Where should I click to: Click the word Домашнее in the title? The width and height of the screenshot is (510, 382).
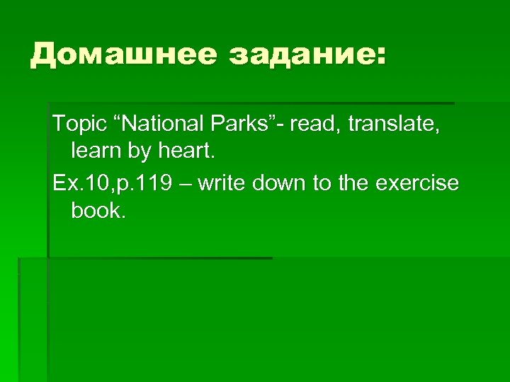coord(123,54)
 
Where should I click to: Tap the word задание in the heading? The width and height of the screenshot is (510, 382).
coord(298,54)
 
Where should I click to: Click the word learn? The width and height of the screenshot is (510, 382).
coord(98,153)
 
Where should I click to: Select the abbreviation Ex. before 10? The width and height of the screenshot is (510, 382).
coord(67,183)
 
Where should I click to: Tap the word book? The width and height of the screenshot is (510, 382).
coord(98,210)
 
